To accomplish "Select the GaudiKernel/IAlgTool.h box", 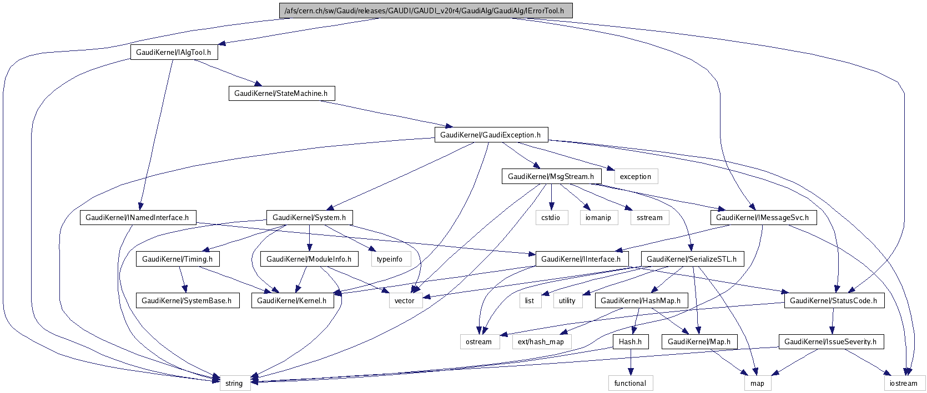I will (174, 52).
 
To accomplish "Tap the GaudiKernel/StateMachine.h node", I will (281, 93).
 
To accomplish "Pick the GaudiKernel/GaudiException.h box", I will (490, 135).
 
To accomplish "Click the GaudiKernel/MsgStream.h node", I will (551, 176).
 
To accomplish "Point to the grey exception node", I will (635, 176).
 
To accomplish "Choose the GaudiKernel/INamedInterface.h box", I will (137, 217).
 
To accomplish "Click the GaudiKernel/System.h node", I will (310, 217).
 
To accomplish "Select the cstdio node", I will (551, 217).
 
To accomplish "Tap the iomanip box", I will (598, 217).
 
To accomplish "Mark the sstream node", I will (649, 217).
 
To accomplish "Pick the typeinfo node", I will (390, 259).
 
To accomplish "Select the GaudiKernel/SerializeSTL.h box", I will (692, 259).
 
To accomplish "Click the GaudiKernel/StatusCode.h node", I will (833, 300).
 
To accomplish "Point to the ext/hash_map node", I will (541, 341).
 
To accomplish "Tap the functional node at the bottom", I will (630, 383).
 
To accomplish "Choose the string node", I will (234, 383).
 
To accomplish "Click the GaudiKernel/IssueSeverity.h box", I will (830, 341).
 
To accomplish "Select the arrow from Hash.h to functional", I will (631, 362).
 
